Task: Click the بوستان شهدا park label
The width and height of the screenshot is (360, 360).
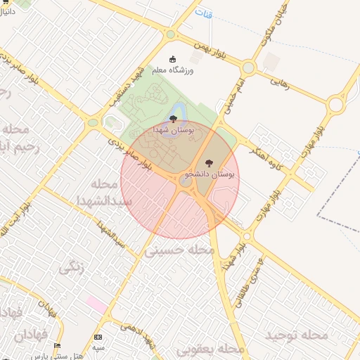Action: pyautogui.click(x=173, y=131)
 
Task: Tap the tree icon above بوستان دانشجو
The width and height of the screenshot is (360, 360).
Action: pyautogui.click(x=208, y=163)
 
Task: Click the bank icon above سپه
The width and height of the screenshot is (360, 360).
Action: pyautogui.click(x=97, y=338)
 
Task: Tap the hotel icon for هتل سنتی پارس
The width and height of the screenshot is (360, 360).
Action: pyautogui.click(x=58, y=345)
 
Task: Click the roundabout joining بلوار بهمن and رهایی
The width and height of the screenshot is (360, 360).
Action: pyautogui.click(x=247, y=67)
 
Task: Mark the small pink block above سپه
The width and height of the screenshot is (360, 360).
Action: pyautogui.click(x=97, y=304)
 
